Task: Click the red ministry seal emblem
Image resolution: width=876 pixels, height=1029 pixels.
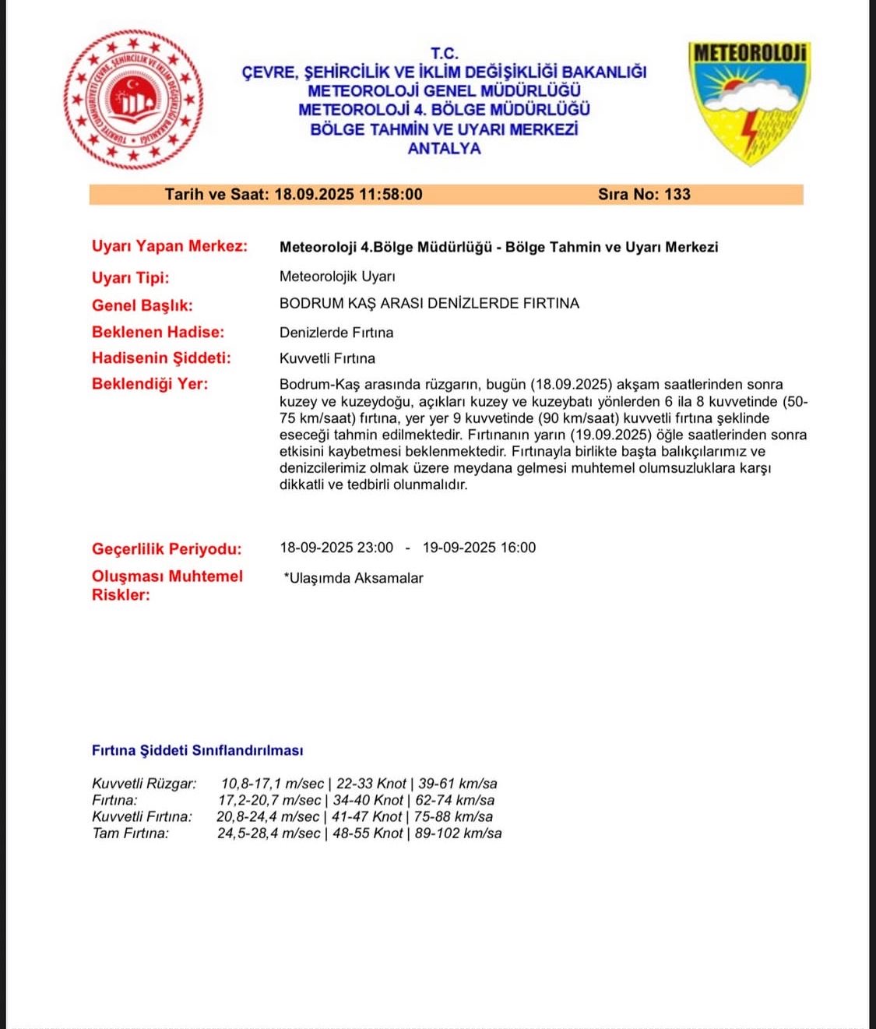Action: [133, 99]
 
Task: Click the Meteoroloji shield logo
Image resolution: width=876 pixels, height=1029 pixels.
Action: [749, 102]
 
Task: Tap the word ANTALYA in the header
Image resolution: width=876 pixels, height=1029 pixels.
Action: [444, 148]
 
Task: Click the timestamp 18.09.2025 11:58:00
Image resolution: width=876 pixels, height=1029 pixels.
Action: [348, 194]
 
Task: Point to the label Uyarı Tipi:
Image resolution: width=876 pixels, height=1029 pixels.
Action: [130, 277]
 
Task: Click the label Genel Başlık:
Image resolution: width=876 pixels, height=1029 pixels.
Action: [142, 305]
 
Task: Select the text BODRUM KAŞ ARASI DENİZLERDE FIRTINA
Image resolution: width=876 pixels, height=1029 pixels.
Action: [429, 303]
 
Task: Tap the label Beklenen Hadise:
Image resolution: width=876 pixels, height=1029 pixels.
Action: [157, 332]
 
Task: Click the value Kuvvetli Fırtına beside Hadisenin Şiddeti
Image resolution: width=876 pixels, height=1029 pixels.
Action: [327, 358]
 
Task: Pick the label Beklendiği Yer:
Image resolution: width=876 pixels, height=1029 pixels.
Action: [150, 383]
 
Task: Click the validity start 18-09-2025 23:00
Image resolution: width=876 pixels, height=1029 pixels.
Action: [336, 548]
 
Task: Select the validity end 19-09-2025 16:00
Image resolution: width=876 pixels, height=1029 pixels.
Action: [479, 548]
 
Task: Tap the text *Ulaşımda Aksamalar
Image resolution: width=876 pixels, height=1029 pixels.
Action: [354, 578]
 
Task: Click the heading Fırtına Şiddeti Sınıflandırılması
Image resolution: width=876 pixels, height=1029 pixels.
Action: [197, 750]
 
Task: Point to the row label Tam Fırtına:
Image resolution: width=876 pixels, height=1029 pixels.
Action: [130, 833]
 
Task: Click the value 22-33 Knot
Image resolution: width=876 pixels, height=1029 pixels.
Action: [371, 784]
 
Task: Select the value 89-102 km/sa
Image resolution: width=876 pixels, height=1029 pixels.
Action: [458, 833]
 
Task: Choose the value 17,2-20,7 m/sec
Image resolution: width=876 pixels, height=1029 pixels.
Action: [269, 800]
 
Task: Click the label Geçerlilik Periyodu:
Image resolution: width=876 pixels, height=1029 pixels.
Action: [167, 548]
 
